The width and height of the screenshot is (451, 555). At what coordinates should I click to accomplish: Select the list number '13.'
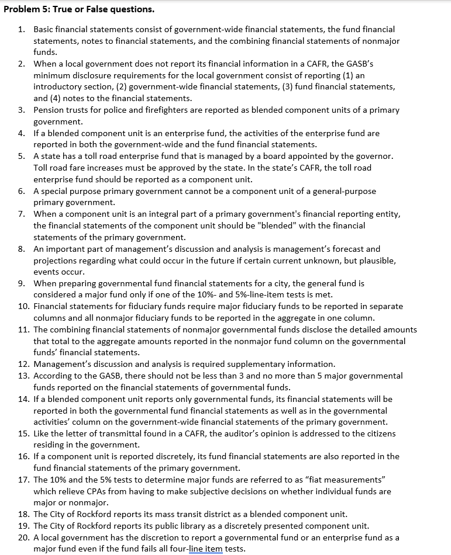coord(23,376)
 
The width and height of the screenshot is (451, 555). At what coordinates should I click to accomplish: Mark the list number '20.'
coord(23,537)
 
